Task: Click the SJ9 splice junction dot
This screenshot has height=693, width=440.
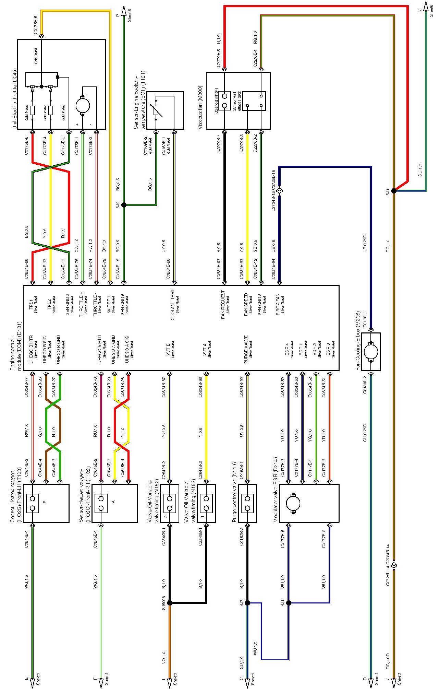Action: tap(124, 205)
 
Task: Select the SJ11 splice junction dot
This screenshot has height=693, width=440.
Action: tap(394, 191)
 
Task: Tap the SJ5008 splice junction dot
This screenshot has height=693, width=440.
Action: tap(170, 603)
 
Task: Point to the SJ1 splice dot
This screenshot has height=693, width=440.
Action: tap(289, 603)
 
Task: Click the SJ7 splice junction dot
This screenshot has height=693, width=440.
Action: tap(247, 603)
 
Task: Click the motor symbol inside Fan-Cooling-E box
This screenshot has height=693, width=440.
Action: tap(371, 352)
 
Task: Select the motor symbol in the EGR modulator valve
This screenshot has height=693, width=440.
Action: tap(293, 504)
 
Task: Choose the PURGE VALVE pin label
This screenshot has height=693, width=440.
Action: tap(246, 349)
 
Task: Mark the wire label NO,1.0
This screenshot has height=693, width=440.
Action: tap(164, 658)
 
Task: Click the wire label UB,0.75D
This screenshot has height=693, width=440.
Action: tap(365, 244)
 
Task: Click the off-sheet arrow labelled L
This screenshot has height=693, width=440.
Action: tap(169, 683)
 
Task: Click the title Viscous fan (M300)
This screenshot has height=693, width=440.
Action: tap(200, 108)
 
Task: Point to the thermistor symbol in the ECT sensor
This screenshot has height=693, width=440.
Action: tap(156, 110)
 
